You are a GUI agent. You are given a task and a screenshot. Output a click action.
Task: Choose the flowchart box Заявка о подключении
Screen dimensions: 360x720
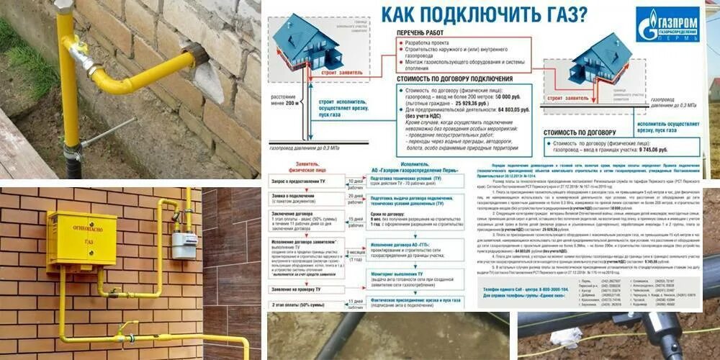tap(298, 197)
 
